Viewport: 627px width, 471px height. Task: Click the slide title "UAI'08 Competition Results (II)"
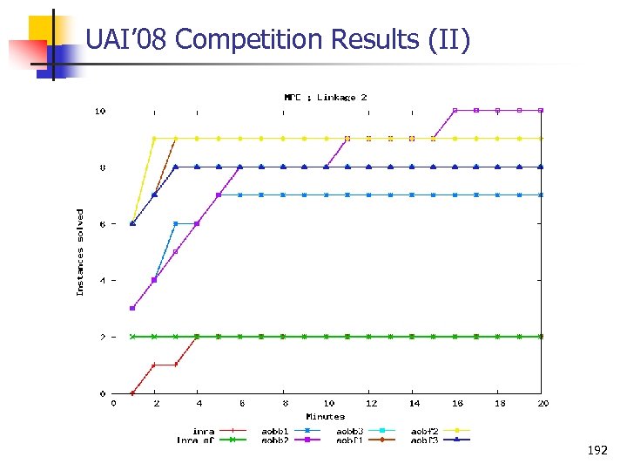coord(278,39)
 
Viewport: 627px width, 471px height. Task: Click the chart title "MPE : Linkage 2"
coord(325,97)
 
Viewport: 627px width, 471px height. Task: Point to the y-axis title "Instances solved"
coord(80,251)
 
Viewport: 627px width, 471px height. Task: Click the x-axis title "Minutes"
coord(325,416)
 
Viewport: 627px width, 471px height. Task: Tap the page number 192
coord(597,451)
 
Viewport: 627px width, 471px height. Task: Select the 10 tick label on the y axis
coord(100,111)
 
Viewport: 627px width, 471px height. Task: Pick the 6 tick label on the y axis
coord(103,224)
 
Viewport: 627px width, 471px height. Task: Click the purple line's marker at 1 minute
coord(132,308)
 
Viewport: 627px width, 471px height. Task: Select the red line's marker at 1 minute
coord(132,392)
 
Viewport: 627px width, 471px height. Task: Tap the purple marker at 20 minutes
coord(541,110)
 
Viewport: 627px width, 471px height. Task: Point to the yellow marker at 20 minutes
coord(541,138)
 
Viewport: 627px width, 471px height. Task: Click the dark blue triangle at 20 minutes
coord(541,167)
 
